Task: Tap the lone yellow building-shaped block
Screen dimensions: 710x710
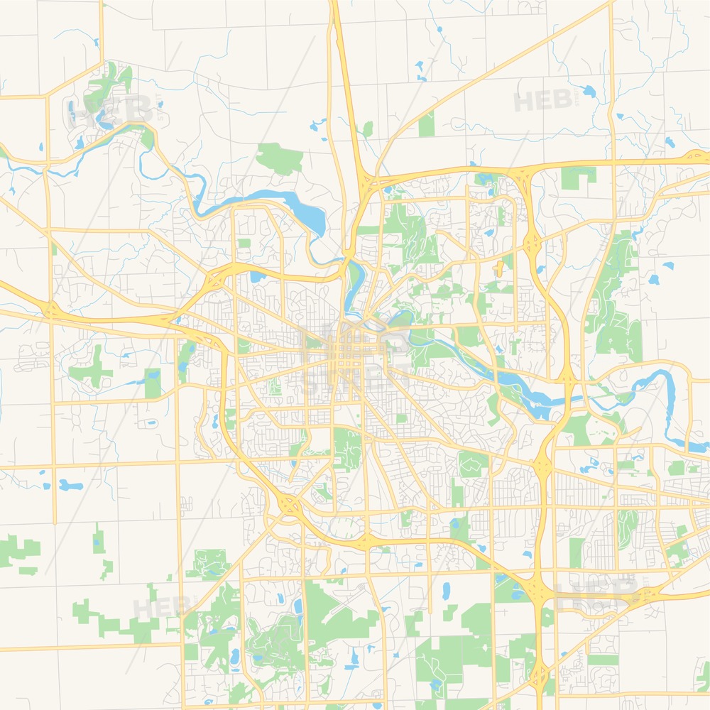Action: [x=499, y=268]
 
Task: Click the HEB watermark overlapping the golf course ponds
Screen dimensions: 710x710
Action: [x=110, y=110]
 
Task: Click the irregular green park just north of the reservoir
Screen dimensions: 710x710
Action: [x=280, y=158]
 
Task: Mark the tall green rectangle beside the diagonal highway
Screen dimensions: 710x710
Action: [x=426, y=124]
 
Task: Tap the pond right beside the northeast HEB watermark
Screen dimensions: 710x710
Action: [x=588, y=91]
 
